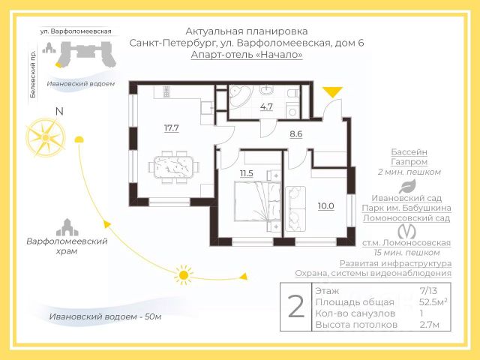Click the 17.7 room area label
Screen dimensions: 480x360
tap(171, 127)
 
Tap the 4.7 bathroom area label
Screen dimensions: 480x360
tap(266, 106)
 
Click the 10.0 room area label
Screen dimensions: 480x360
tap(325, 205)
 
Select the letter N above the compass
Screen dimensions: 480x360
tap(58, 112)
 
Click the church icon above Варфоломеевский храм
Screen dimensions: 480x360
tap(67, 226)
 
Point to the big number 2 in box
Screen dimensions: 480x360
tap(296, 307)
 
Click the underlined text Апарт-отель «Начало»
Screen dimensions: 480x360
tap(247, 55)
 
